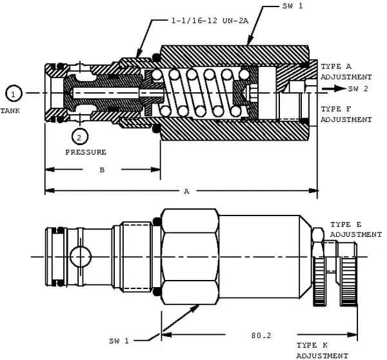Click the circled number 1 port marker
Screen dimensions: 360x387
[14, 94]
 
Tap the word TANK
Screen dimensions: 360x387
[10, 111]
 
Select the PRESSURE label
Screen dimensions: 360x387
[86, 152]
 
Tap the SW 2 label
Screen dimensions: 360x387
[358, 88]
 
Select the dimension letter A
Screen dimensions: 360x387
[186, 191]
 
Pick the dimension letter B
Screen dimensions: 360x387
[101, 170]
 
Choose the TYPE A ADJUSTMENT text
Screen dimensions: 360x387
[346, 72]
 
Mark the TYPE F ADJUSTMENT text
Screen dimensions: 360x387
[346, 114]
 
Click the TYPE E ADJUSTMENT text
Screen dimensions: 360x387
[355, 229]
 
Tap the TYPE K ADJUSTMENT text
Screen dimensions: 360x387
[322, 350]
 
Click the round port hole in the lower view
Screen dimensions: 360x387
[79, 256]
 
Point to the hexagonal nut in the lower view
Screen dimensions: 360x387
[190, 255]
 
